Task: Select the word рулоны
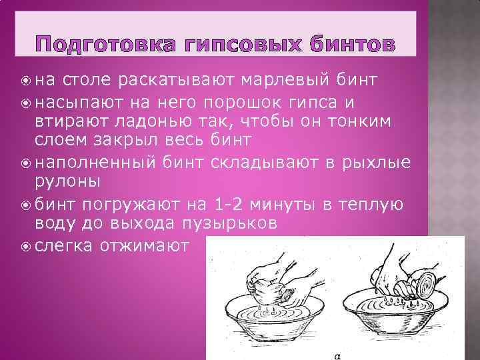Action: [x=66, y=182]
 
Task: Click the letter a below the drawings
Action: [x=339, y=356]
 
